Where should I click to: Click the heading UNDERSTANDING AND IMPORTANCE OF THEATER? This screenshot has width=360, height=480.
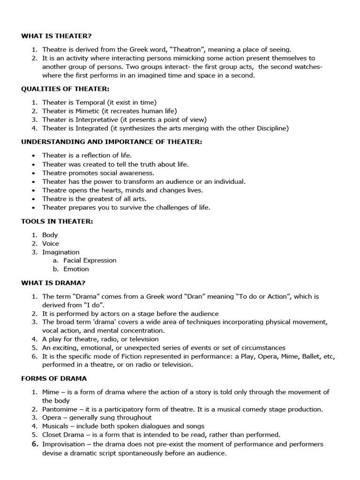[112, 142]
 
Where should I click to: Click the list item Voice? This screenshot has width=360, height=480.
[51, 243]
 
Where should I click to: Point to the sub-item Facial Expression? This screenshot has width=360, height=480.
[90, 260]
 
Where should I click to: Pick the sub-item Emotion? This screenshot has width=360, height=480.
[76, 269]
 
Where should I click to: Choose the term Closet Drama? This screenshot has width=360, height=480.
[63, 435]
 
